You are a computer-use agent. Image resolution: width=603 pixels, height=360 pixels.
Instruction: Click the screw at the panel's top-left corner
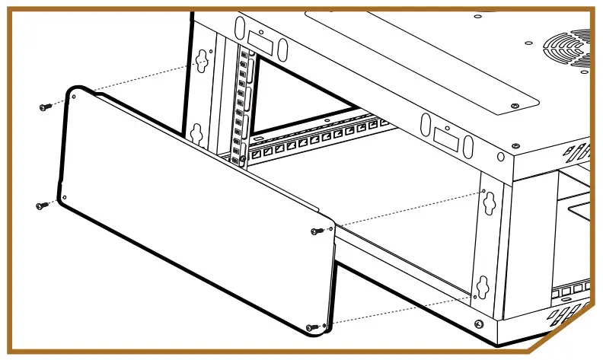[44, 107]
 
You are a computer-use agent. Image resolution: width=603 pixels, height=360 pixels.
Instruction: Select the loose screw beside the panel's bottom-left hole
[41, 205]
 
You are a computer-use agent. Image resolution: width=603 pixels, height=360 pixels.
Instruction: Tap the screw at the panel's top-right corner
[317, 231]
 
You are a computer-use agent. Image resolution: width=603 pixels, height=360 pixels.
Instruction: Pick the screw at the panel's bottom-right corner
[312, 327]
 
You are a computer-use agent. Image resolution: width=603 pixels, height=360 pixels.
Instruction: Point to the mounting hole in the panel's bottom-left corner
[65, 198]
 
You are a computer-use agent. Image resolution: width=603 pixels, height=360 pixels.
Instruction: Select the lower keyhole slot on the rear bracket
[196, 133]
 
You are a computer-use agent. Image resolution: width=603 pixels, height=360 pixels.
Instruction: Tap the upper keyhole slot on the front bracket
[485, 199]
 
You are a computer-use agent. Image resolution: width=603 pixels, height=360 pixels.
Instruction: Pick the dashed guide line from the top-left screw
[122, 84]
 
